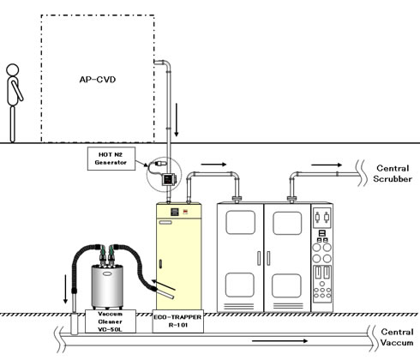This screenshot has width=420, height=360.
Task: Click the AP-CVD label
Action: (x=98, y=79)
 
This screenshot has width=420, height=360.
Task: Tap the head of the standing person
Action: (x=13, y=69)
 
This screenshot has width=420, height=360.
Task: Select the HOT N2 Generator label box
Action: (x=111, y=159)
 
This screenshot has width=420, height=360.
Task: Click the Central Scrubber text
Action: (x=393, y=173)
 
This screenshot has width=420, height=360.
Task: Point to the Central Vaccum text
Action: (x=397, y=337)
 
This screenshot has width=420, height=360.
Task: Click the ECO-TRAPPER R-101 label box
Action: (x=177, y=321)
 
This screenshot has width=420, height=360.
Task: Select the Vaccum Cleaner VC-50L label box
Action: (x=111, y=321)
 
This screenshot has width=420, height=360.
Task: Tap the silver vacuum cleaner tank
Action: (x=107, y=286)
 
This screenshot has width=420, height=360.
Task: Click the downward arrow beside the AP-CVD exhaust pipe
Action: (x=177, y=120)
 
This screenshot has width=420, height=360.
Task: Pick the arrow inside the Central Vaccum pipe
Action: (x=279, y=340)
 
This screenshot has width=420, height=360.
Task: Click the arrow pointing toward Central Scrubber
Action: (x=327, y=165)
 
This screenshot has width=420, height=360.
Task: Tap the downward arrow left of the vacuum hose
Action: (x=65, y=289)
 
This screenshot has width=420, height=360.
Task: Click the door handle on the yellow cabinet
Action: (x=160, y=264)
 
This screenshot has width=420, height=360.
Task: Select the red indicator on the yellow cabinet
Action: (x=185, y=212)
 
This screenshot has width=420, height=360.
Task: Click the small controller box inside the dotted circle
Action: (x=169, y=179)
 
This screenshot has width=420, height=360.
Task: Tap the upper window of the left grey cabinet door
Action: (x=240, y=222)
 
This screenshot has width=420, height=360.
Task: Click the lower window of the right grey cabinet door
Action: (x=286, y=285)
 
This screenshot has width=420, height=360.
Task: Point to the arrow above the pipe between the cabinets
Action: (x=213, y=165)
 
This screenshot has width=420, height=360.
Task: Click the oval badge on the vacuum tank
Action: (x=107, y=273)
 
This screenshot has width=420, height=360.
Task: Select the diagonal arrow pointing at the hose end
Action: (x=163, y=285)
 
